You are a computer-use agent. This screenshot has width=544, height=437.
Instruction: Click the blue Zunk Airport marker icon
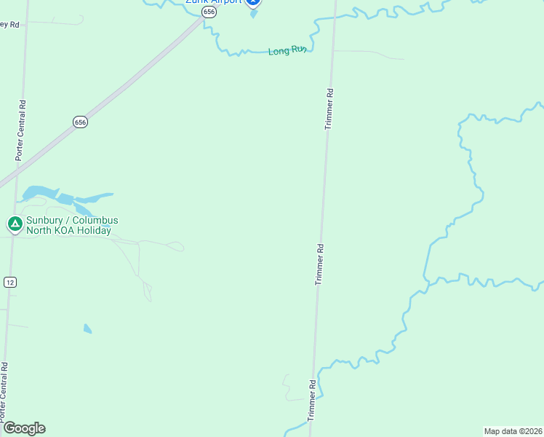[253, 2]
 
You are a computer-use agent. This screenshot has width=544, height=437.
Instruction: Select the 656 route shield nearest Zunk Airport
[209, 12]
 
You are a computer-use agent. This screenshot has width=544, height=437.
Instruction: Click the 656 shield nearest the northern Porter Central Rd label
[80, 122]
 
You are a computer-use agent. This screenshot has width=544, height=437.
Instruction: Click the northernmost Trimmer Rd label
[329, 109]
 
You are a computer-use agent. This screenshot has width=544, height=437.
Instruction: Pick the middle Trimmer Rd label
[319, 264]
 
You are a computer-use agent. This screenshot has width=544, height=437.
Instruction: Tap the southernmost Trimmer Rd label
[312, 399]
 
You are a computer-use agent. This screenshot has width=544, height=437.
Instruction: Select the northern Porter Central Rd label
[21, 130]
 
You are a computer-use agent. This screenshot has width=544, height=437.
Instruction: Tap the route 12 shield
[9, 283]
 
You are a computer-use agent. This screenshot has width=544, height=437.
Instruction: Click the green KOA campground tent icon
[14, 224]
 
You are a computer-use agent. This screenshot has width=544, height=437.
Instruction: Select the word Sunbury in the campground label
[46, 221]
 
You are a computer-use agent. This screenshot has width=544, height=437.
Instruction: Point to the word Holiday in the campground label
[94, 231]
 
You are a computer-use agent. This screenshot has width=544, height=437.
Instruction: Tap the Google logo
[24, 428]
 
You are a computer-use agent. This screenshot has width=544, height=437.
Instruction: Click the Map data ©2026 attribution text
[513, 431]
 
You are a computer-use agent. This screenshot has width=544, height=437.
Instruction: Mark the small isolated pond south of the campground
[88, 328]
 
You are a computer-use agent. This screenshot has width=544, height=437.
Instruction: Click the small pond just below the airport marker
[253, 14]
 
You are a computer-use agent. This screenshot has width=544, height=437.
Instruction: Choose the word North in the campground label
[39, 231]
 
